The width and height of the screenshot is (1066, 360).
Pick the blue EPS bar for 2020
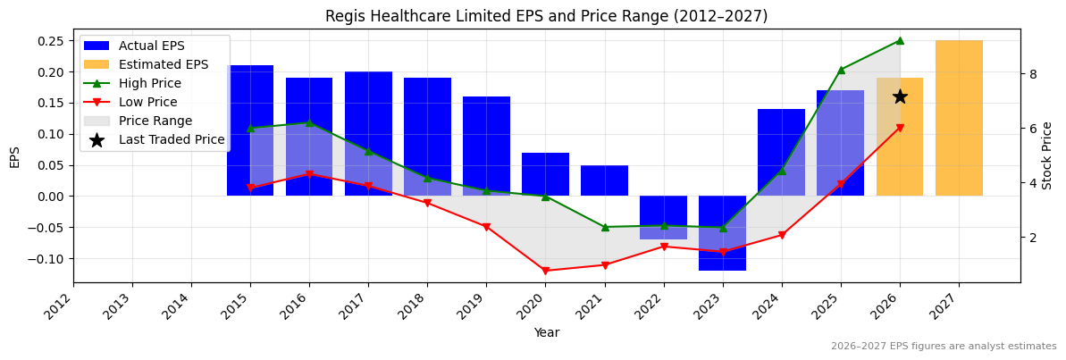click(x=545, y=174)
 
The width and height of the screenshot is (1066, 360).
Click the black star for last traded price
click(x=900, y=96)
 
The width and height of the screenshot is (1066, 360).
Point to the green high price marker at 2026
click(x=900, y=40)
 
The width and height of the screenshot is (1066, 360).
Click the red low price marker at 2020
click(x=545, y=271)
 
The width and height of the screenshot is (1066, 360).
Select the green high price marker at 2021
click(x=605, y=227)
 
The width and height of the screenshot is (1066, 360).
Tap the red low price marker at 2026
click(x=900, y=128)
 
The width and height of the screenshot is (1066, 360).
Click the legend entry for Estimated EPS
click(x=164, y=64)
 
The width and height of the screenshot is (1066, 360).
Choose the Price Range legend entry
click(x=155, y=121)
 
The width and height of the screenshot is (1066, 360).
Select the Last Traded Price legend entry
click(x=172, y=139)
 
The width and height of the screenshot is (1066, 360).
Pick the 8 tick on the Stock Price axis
click(x=1033, y=74)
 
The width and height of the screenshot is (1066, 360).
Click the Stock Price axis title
click(x=1047, y=155)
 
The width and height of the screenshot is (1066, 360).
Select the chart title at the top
click(x=546, y=16)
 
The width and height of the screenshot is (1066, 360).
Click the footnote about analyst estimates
click(x=944, y=347)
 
